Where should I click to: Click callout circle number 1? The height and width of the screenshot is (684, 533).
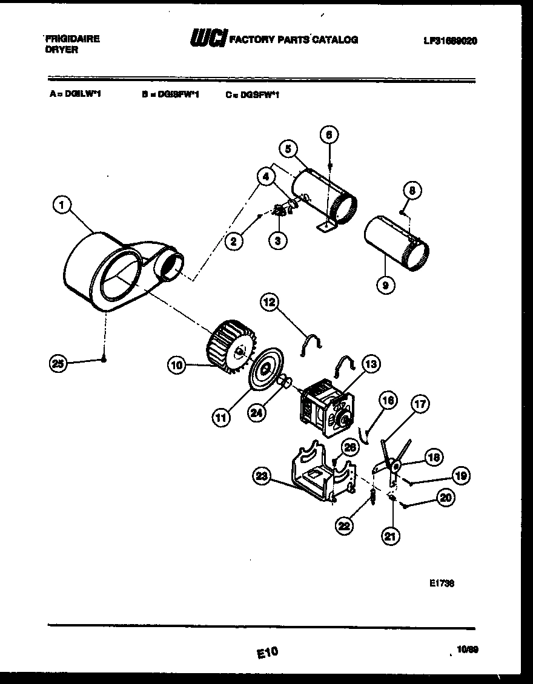coord(59,206)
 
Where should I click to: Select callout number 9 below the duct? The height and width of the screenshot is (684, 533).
coord(383,283)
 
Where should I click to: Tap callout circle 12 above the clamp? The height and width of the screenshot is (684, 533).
coord(271,301)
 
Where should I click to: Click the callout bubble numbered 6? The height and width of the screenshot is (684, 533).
coord(329,134)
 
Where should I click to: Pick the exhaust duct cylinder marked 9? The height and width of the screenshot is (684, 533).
coord(396,243)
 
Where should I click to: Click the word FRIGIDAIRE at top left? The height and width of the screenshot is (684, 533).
coord(72,38)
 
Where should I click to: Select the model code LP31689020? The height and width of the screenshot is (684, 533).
coord(449,41)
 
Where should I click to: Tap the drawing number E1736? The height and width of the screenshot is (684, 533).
coord(442,584)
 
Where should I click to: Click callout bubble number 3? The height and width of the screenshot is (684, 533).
coord(277,240)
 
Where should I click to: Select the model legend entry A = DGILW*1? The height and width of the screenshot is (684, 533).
coord(75,94)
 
